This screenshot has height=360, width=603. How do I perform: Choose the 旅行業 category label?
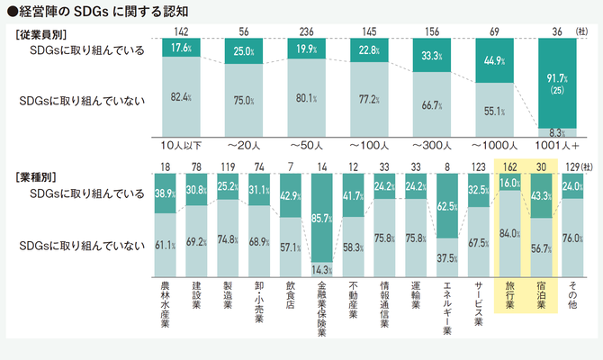pos(509,295)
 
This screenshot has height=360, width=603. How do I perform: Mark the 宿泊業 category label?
pos(542,295)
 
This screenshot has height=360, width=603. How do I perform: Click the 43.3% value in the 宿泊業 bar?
pos(542,193)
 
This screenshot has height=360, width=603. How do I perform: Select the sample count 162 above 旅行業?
pos(509,166)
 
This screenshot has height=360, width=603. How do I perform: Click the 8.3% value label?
pos(557,131)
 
